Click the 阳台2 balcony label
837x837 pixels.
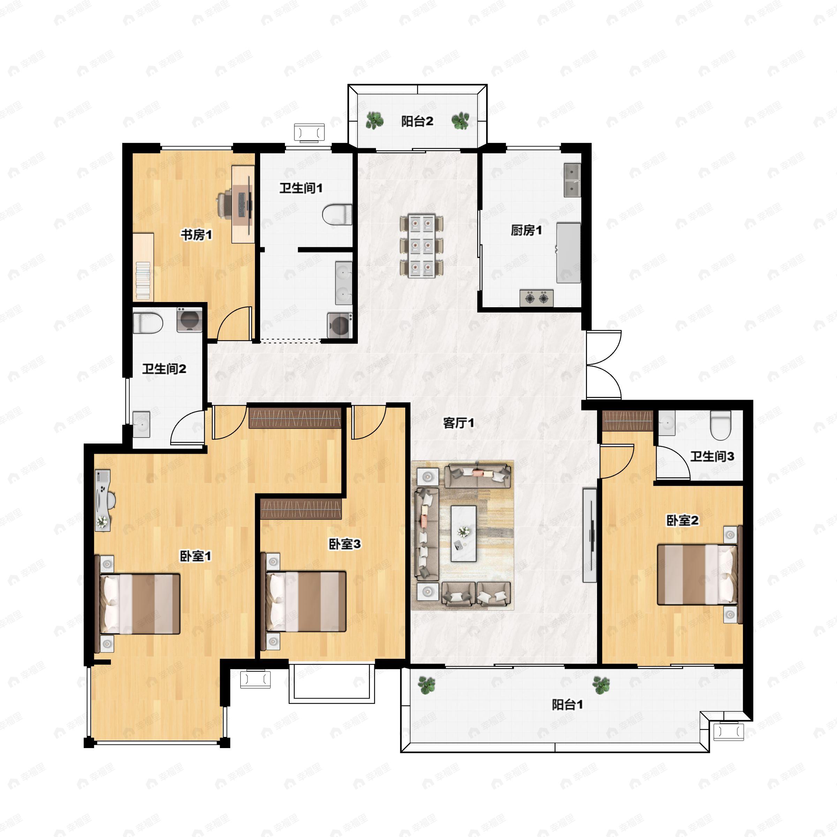point(417,121)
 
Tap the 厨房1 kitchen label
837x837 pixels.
point(526,230)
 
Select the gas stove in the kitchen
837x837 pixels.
point(536,298)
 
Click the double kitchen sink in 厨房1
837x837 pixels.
point(572,180)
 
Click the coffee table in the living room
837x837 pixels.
point(463,533)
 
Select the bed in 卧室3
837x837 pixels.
point(306,602)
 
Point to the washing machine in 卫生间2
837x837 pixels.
point(189,319)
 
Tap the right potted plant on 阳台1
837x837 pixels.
point(601,685)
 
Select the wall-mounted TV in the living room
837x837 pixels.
point(590,535)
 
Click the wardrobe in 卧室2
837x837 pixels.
point(627,420)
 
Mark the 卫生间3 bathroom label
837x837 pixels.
point(712,456)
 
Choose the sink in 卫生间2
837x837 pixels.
point(141,424)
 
